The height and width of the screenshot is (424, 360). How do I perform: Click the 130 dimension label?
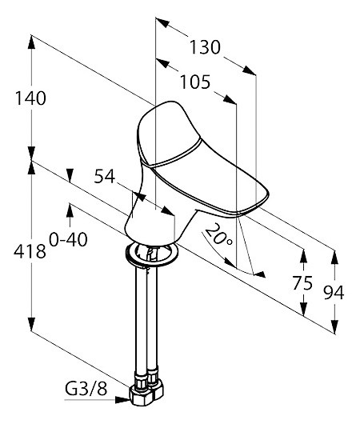point(205,47)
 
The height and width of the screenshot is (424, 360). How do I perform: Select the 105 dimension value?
point(195,82)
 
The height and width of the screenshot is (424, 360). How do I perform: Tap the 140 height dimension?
point(30,98)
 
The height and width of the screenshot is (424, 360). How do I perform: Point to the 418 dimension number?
point(30,251)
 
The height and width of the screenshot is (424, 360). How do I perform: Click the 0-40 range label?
point(68,239)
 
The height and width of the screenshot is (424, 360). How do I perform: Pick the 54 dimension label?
point(105,176)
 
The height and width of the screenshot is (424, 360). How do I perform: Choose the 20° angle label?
point(219,234)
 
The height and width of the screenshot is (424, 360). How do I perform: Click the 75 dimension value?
point(302,283)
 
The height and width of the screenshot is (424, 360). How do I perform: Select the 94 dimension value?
point(334,292)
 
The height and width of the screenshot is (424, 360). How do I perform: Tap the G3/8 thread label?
point(86,389)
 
